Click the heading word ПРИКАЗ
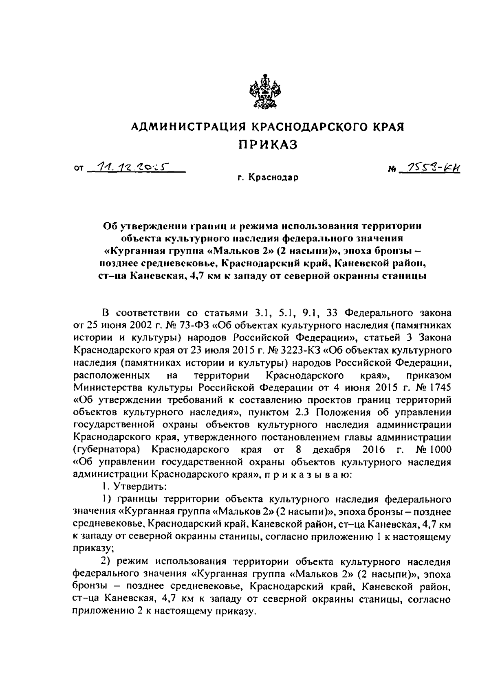pyautogui.click(x=268, y=145)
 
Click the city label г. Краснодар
pyautogui.click(x=269, y=178)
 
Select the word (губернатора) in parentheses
pyautogui.click(x=108, y=450)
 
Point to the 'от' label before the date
pyautogui.click(x=79, y=168)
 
